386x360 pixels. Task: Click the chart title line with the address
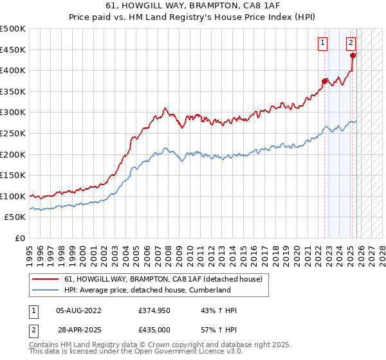click(x=192, y=4)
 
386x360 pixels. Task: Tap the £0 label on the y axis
click(x=20, y=238)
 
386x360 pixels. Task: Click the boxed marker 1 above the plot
click(x=322, y=43)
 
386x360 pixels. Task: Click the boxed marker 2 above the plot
click(x=351, y=43)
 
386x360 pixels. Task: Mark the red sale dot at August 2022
click(x=324, y=81)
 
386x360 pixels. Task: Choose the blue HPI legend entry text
click(x=147, y=290)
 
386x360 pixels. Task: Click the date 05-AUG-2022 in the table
click(x=78, y=310)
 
